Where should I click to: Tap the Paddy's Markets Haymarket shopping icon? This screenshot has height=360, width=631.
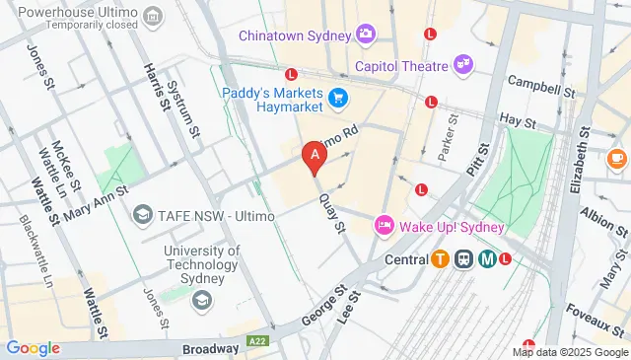[338, 97]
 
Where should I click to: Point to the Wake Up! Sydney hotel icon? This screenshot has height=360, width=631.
[385, 226]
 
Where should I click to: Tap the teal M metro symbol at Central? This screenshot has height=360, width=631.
[487, 259]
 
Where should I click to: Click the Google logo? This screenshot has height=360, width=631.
[33, 348]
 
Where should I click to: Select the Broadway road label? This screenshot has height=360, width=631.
[210, 349]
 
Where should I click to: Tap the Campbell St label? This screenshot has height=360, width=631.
[541, 85]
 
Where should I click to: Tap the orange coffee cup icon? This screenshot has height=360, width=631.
[617, 157]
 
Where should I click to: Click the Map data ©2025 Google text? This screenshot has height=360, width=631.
[569, 352]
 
